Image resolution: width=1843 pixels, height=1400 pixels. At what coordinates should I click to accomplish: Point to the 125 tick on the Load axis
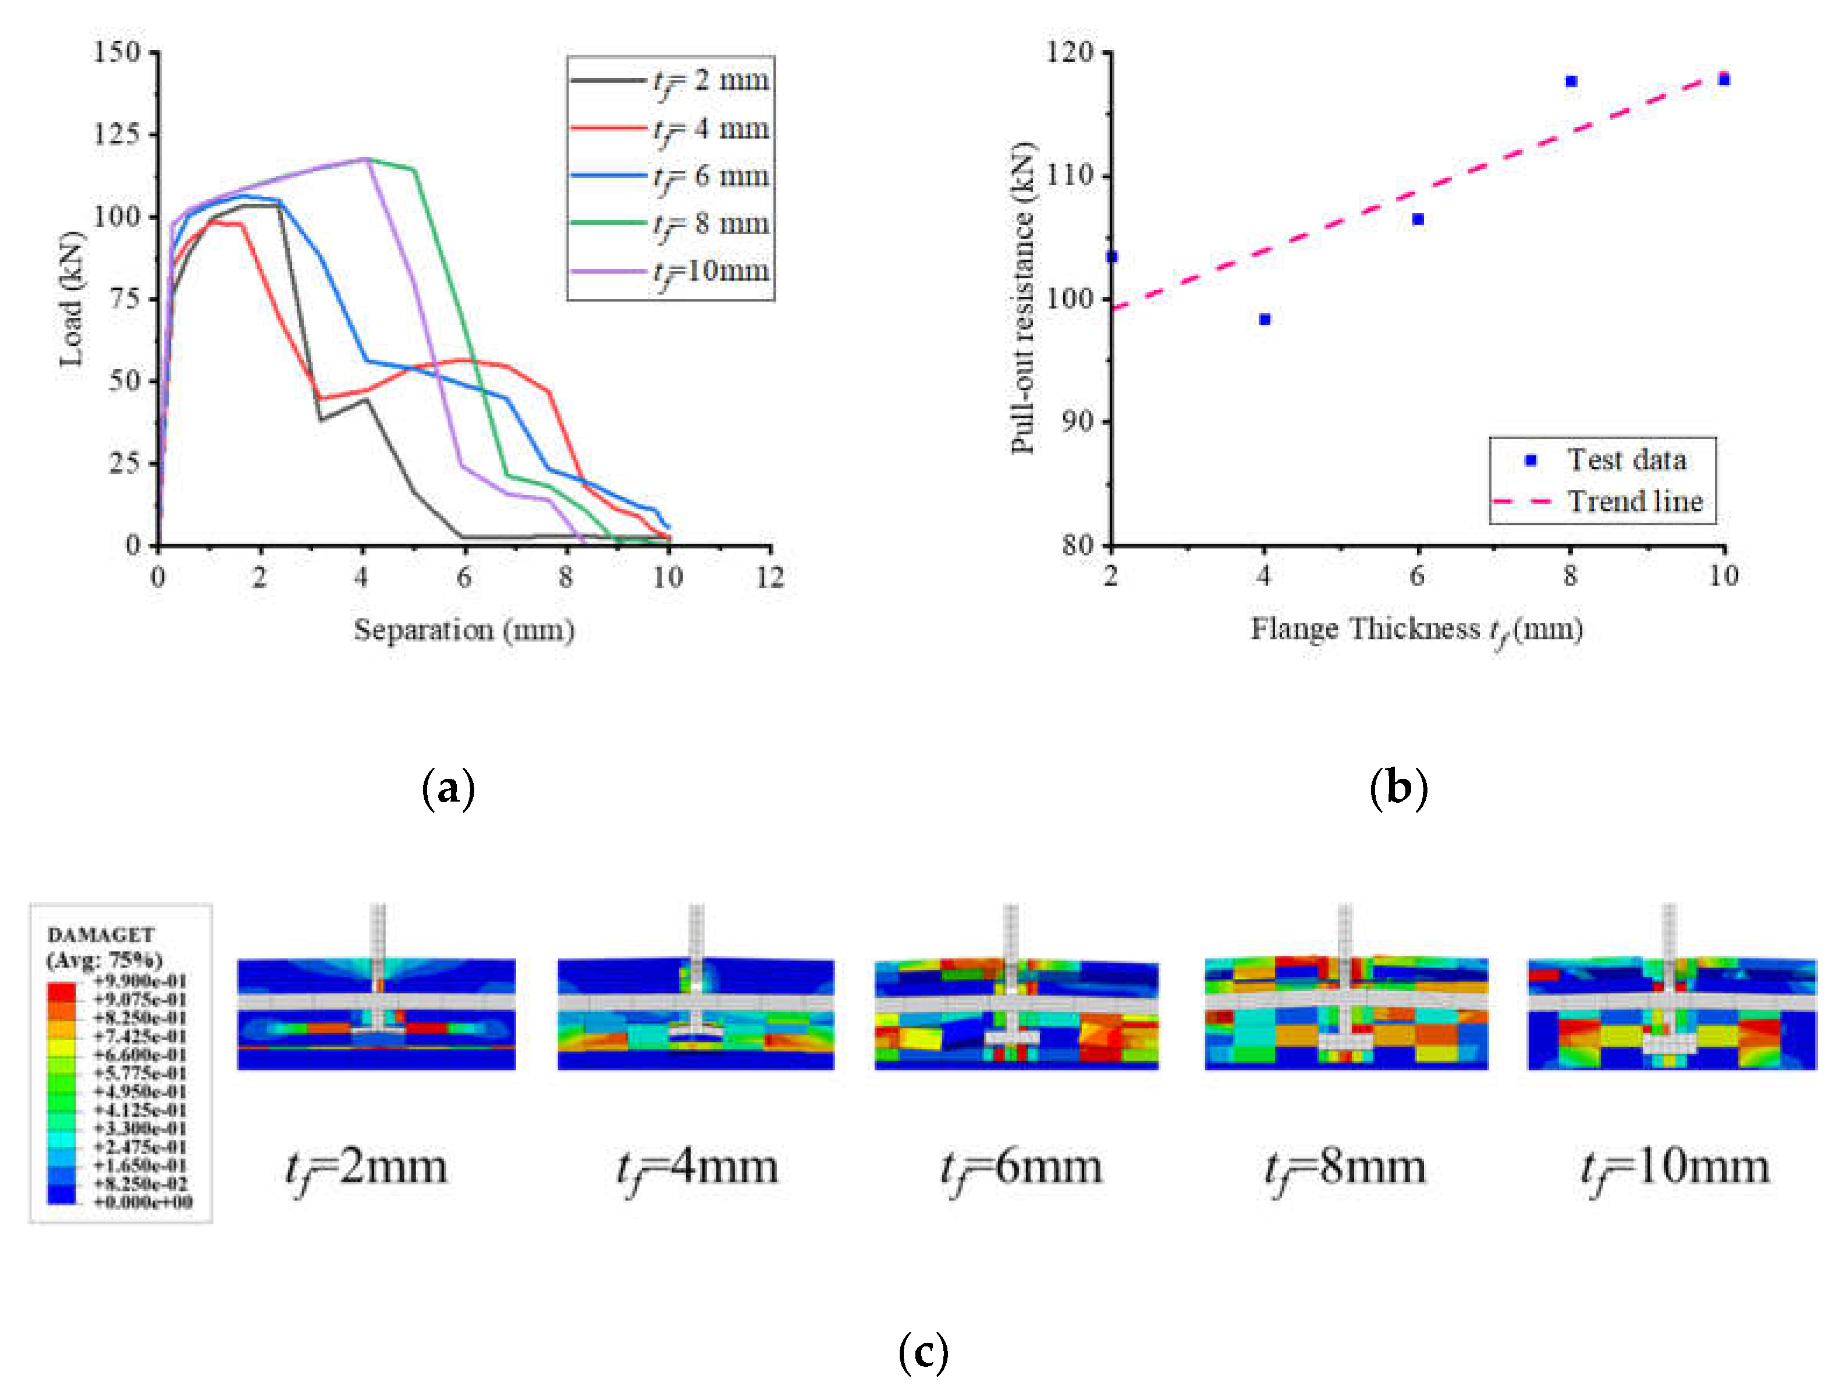click(116, 134)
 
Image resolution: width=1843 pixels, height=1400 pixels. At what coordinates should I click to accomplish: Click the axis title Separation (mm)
click(463, 630)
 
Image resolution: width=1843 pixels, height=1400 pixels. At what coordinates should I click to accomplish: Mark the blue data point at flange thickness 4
click(1264, 319)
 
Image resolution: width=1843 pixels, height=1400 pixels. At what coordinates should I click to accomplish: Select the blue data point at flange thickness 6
click(1417, 219)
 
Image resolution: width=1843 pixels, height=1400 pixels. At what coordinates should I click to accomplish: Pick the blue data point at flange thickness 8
click(1571, 81)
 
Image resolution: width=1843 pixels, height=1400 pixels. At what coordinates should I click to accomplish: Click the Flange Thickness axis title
click(1416, 630)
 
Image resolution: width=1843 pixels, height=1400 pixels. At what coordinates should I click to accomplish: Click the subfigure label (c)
click(923, 1352)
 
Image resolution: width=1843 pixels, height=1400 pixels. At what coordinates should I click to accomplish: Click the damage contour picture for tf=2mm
click(376, 1014)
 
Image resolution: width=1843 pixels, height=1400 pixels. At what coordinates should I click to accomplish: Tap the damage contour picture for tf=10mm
click(1671, 1014)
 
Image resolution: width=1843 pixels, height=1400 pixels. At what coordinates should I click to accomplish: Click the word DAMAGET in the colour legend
click(100, 934)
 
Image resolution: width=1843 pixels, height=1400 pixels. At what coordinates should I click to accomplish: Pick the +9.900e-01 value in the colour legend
click(140, 981)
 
